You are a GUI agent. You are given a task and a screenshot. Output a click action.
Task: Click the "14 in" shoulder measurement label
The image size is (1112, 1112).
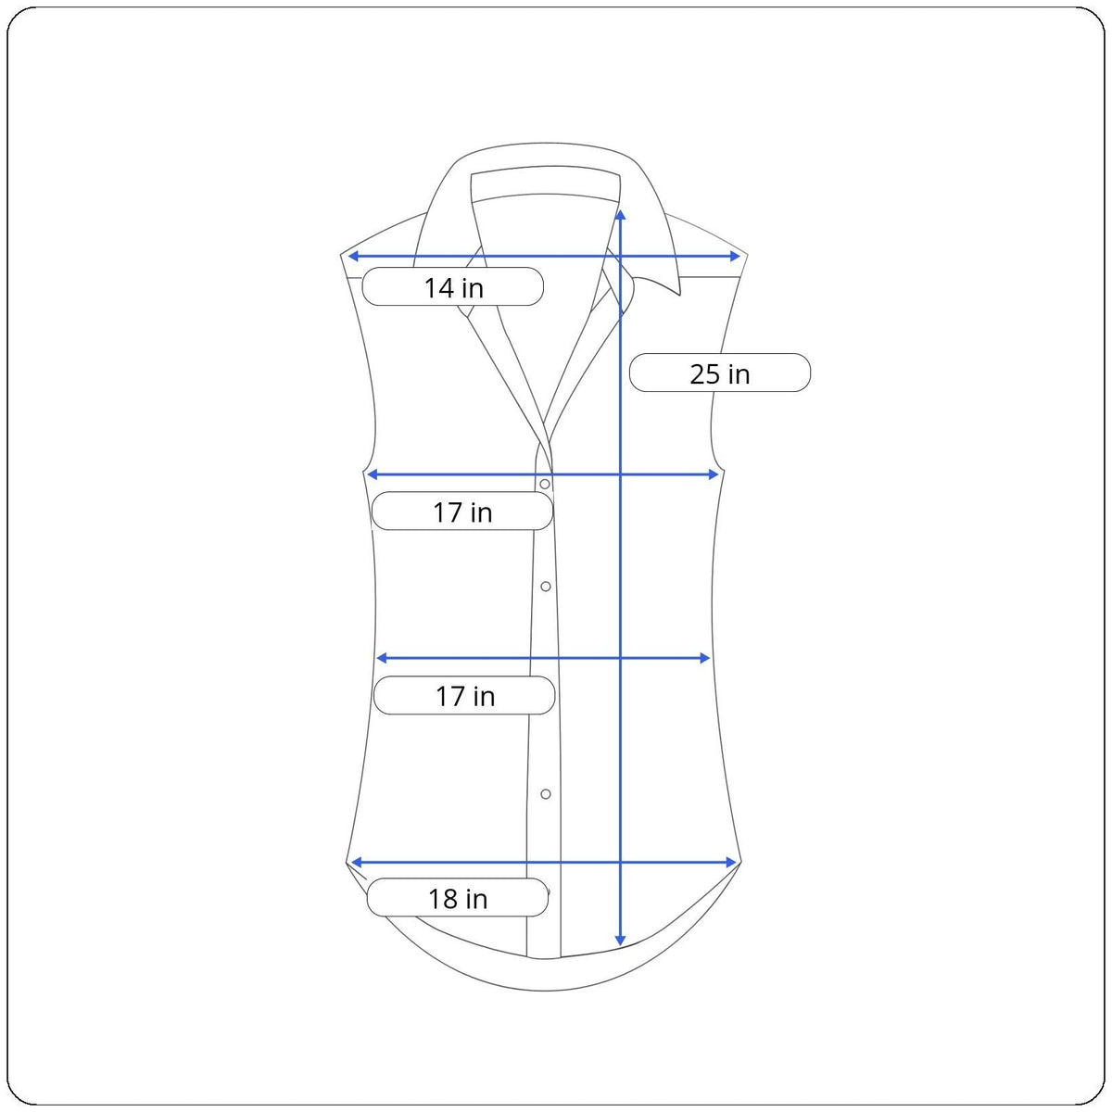(453, 287)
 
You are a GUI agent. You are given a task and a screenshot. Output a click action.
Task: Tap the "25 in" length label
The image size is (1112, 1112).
(720, 374)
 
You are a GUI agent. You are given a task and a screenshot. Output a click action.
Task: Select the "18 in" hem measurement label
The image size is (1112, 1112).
(458, 899)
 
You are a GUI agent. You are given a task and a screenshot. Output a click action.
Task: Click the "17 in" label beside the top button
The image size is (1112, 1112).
(462, 512)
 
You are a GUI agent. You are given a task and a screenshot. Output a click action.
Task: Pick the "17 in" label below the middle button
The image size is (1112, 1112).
(465, 696)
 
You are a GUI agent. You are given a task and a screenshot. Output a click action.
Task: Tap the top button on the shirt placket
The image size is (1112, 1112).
(545, 484)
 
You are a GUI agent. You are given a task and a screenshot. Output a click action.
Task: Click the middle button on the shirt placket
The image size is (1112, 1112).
(545, 587)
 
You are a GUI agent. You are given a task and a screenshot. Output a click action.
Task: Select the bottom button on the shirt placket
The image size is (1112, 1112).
(545, 794)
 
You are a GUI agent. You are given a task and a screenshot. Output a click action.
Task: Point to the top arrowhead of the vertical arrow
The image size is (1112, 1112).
(620, 215)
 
